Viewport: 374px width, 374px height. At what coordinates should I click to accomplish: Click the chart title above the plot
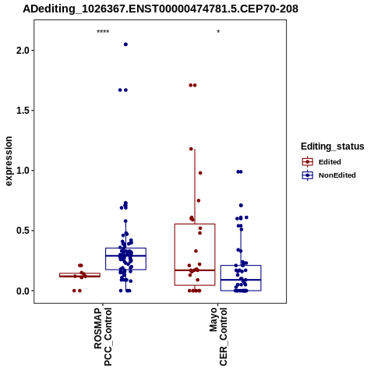pos(161,9)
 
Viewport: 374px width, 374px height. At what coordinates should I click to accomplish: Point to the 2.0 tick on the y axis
pos(23,50)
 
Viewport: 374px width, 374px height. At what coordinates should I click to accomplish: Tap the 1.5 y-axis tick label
pos(23,111)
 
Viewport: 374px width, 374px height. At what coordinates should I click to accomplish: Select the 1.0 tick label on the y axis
pos(23,171)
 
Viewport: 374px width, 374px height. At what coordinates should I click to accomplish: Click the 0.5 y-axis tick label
pos(23,231)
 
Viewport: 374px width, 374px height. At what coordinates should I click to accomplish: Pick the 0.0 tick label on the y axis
pos(23,291)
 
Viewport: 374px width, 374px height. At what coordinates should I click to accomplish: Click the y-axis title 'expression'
pos(9,161)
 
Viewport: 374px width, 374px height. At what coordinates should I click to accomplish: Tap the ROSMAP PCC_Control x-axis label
pos(103,337)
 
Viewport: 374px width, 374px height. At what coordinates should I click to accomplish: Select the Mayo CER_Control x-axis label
pos(218,337)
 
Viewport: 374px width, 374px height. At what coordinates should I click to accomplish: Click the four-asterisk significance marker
pos(103,32)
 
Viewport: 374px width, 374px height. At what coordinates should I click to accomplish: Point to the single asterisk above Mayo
pos(218,32)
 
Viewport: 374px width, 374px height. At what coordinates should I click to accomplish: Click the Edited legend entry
pos(322,162)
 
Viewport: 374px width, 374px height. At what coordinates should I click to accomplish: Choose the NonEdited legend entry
pos(329,175)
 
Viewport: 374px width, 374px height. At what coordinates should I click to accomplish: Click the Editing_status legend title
pos(333,146)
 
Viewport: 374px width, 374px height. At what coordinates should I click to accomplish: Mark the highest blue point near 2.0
pos(125,44)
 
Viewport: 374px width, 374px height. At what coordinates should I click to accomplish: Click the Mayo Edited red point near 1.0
pos(200,173)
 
